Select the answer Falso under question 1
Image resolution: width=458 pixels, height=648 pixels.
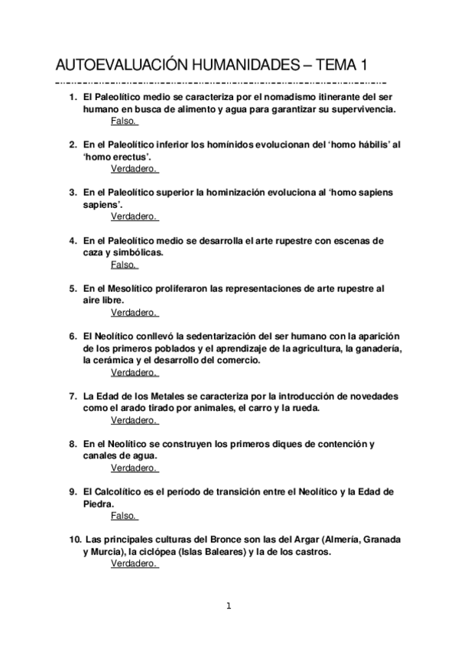(123, 121)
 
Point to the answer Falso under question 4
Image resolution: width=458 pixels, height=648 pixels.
(123, 264)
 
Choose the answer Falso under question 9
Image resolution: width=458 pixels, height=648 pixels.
(123, 516)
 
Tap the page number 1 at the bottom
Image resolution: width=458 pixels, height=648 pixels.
(228, 606)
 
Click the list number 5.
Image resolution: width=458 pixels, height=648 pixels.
(73, 289)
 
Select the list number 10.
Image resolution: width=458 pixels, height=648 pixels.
(74, 539)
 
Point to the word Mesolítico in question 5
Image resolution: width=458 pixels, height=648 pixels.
(131, 289)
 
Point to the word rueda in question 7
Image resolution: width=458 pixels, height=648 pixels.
(305, 408)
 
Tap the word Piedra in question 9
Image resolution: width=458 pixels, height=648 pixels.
(98, 504)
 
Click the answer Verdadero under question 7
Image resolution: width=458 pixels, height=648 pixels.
(133, 420)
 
